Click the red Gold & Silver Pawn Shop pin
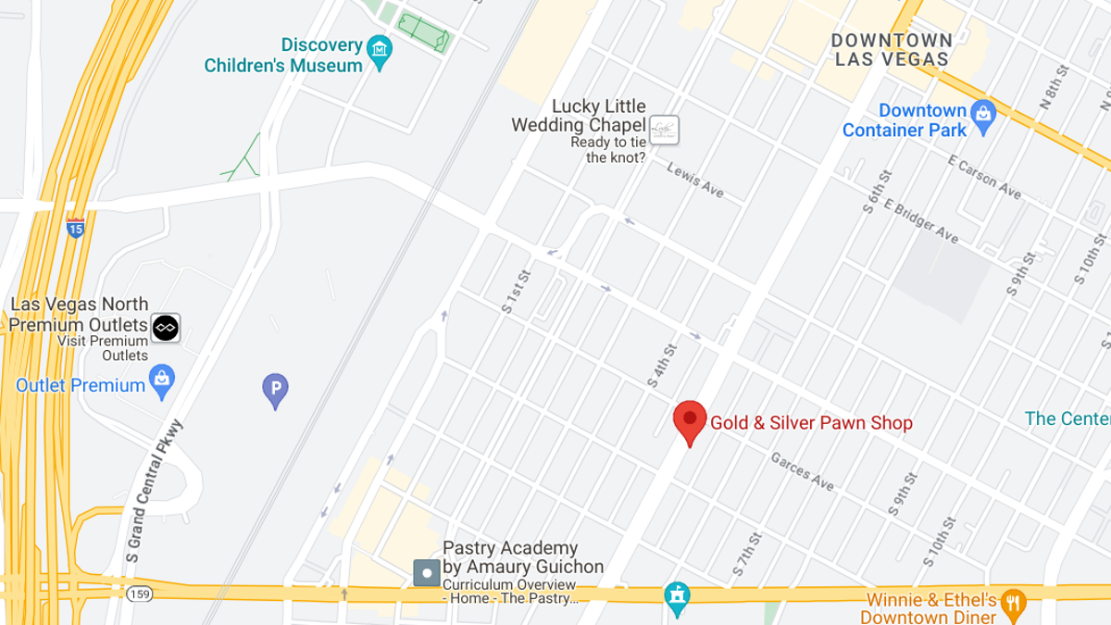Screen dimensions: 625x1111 (x=690, y=421)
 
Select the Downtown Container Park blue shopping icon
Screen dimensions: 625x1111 (x=982, y=115)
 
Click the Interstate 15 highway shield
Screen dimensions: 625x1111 (x=76, y=227)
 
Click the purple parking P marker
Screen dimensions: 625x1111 (x=275, y=390)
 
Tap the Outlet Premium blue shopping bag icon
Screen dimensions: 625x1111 (x=162, y=381)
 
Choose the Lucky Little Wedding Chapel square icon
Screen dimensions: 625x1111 (x=664, y=130)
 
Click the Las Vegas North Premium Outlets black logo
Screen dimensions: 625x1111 (x=166, y=328)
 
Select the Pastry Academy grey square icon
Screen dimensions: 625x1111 (x=427, y=573)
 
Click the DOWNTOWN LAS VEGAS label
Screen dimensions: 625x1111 (x=892, y=50)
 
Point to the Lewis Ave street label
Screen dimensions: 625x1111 (x=695, y=181)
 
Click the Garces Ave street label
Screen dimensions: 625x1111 (x=803, y=472)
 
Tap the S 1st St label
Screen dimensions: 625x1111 (x=516, y=292)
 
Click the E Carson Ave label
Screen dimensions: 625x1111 (x=984, y=175)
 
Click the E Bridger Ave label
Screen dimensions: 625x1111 (x=921, y=220)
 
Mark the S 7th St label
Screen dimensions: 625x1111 (x=747, y=553)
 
